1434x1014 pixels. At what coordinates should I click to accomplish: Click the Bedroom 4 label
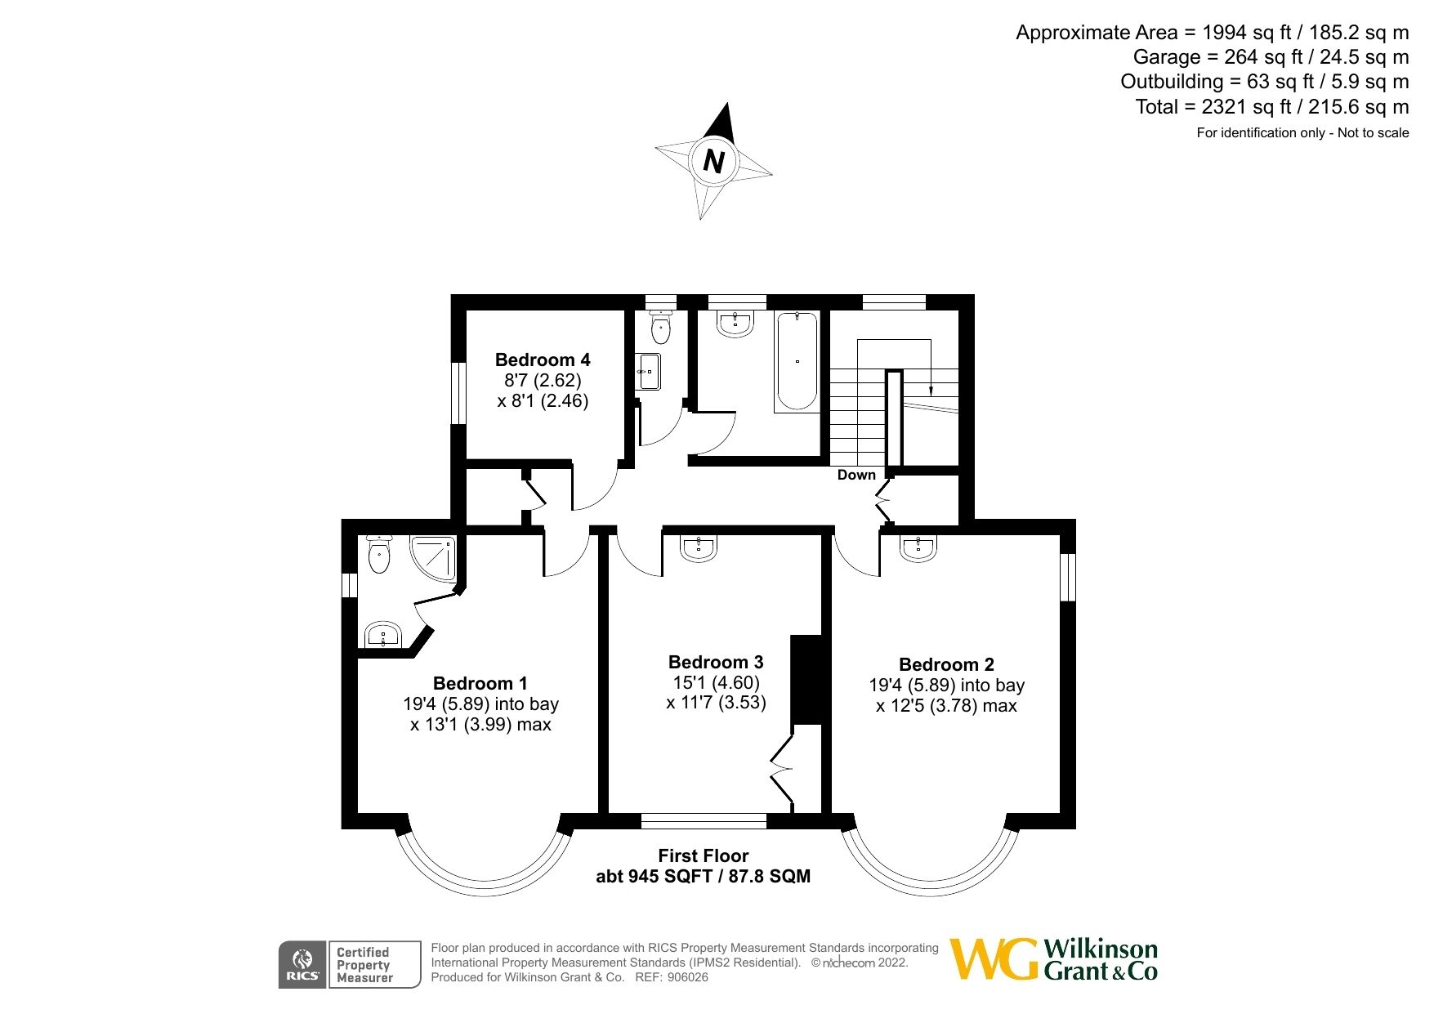point(543,360)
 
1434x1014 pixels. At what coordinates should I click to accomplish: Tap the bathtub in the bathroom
point(796,360)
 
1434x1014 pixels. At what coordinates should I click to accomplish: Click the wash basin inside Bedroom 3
point(699,549)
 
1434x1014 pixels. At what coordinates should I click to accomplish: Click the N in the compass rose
point(713,161)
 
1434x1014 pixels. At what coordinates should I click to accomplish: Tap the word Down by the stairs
point(855,475)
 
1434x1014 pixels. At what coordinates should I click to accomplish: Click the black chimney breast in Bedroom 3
point(806,679)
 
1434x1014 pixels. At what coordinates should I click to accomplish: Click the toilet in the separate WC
point(660,328)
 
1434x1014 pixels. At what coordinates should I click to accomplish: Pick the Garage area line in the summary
point(1270,57)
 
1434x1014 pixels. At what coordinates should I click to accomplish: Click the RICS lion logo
point(302,964)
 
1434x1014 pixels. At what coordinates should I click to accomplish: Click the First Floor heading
point(703,855)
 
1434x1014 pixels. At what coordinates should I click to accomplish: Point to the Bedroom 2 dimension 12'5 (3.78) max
point(946,706)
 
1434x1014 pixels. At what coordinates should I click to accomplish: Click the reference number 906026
point(687,977)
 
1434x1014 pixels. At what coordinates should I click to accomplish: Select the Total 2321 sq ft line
point(1271,107)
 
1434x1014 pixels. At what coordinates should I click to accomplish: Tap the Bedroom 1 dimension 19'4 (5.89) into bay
point(480,704)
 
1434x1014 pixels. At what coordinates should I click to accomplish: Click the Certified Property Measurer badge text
point(364,965)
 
